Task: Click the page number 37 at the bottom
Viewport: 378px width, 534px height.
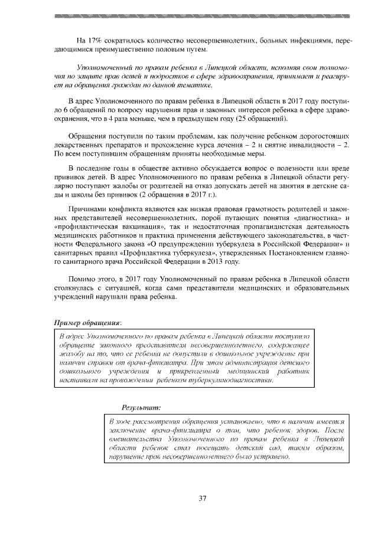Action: pos(202,499)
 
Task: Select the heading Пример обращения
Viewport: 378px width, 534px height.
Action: pos(87,323)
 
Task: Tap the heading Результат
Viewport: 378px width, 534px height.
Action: pos(141,407)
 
